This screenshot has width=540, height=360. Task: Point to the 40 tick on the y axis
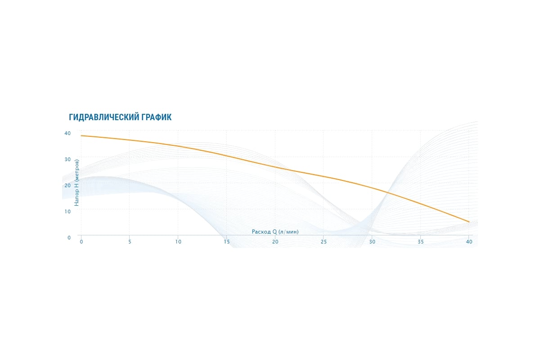(67, 133)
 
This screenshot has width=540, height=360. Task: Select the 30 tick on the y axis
(67, 159)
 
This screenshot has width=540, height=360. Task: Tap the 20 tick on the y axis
(67, 185)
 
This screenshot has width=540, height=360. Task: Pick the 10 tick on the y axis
(67, 211)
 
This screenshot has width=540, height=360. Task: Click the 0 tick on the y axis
(69, 238)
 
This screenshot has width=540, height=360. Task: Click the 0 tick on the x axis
(81, 242)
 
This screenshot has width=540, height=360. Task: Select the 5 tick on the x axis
(130, 242)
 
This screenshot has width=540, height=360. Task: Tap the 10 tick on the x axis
(178, 242)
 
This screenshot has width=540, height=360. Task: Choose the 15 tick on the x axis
(227, 242)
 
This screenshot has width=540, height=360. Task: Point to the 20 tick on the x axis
(275, 242)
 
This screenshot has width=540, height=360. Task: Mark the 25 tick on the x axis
(324, 242)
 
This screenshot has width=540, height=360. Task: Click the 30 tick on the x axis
(372, 242)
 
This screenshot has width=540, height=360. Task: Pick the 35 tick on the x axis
(421, 242)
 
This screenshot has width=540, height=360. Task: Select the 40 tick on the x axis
(469, 242)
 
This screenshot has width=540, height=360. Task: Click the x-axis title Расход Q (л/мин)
(275, 232)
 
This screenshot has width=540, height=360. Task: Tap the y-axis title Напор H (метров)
(76, 183)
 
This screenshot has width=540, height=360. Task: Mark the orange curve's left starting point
(81, 136)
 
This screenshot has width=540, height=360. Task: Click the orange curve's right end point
(469, 222)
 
